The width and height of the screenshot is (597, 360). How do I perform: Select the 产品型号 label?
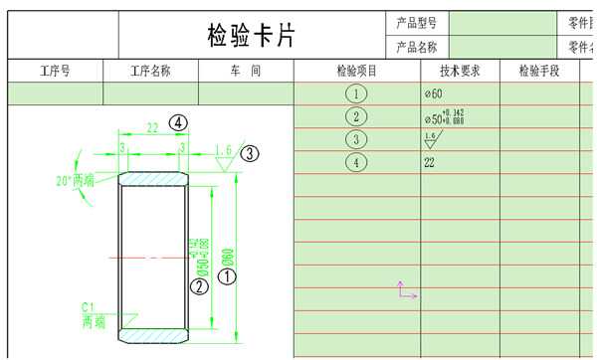(x=416, y=22)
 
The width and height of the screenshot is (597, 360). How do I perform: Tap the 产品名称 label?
(x=416, y=47)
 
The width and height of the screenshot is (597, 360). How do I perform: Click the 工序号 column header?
(x=55, y=72)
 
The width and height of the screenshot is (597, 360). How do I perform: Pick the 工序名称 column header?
(x=150, y=72)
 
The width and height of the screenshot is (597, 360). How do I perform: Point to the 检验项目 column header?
(x=357, y=72)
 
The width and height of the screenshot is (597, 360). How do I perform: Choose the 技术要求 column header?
(x=460, y=72)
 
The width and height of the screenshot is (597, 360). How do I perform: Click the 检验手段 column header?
(x=539, y=72)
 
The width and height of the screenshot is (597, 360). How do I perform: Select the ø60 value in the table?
(x=433, y=93)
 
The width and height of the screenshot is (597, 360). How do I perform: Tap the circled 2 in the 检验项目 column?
(x=356, y=117)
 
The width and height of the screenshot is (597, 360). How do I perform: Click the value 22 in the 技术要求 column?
(x=430, y=162)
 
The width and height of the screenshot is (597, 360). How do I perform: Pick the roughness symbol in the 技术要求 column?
(x=431, y=139)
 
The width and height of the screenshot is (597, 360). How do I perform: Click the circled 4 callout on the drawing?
(x=178, y=122)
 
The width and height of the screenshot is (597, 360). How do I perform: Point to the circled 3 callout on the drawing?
(x=250, y=153)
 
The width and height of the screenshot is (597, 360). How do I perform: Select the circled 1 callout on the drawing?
(x=227, y=277)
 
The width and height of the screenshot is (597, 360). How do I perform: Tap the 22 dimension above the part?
(x=152, y=128)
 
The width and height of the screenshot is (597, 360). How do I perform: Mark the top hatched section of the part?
(x=153, y=179)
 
